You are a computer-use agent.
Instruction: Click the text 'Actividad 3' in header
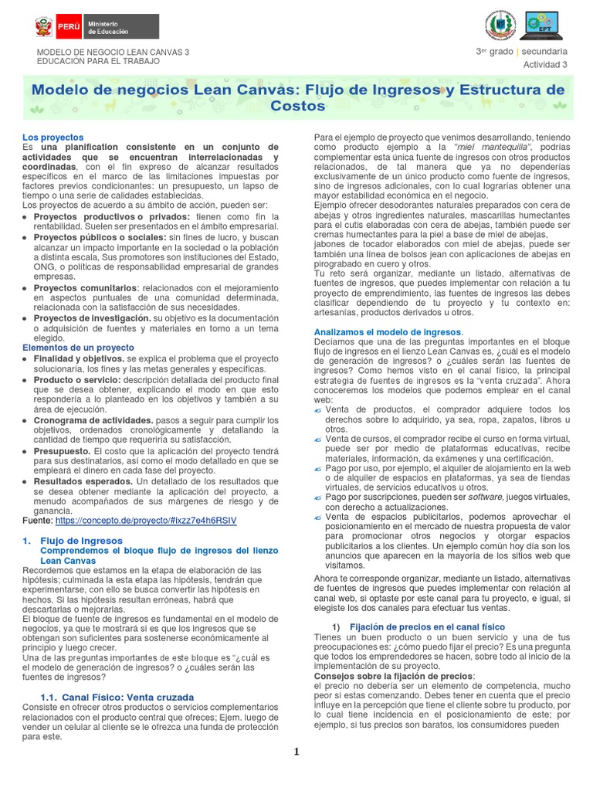(x=545, y=64)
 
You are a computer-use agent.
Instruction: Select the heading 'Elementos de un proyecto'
(x=77, y=348)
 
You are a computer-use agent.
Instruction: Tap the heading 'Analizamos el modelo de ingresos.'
(x=388, y=332)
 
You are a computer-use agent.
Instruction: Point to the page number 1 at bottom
(x=296, y=752)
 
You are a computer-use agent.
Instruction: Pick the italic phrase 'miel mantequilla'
(x=485, y=147)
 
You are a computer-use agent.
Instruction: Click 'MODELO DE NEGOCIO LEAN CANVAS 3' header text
(x=113, y=52)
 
